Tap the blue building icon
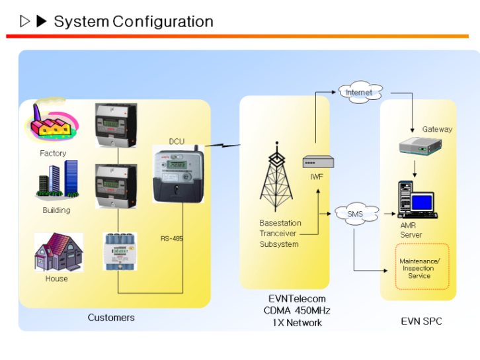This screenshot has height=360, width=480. point(58,179)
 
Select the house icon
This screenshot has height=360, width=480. point(58,252)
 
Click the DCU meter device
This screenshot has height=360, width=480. point(176,175)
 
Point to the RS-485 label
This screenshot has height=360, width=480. point(172,239)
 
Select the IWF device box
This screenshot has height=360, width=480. point(315,161)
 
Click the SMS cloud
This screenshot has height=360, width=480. point(355,214)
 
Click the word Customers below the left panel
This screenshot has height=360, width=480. point(111,318)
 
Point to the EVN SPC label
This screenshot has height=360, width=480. point(421,322)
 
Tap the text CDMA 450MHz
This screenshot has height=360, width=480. point(297,311)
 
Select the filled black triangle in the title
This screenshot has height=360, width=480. point(41,22)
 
